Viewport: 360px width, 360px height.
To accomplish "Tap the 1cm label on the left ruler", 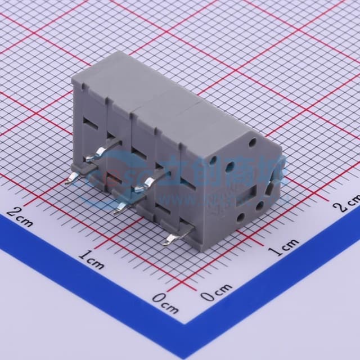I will point(92,260).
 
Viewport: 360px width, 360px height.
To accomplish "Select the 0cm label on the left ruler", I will point(166,306).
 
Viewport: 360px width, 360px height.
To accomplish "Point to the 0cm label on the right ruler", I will point(215,291).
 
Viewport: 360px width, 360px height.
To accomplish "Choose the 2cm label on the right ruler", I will point(345,202).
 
